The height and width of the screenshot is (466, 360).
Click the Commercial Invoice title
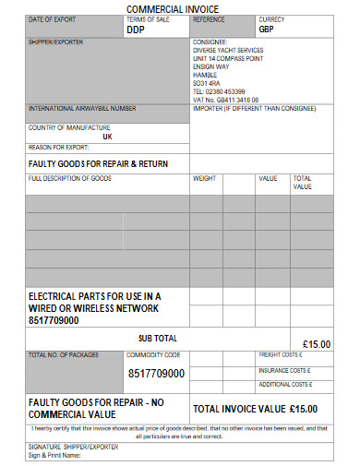point(179,8)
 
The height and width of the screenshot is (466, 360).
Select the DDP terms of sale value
point(137,29)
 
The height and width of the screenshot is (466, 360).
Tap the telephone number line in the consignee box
point(219,91)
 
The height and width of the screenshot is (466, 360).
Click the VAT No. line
point(225,100)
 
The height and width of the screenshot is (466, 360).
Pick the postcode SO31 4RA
point(209,83)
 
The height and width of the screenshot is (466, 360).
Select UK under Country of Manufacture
point(108,136)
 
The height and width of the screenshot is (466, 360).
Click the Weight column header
point(204,178)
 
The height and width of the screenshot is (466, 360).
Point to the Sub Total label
point(157,338)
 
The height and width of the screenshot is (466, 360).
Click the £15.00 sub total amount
point(316,344)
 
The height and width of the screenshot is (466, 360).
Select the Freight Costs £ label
point(281,354)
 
